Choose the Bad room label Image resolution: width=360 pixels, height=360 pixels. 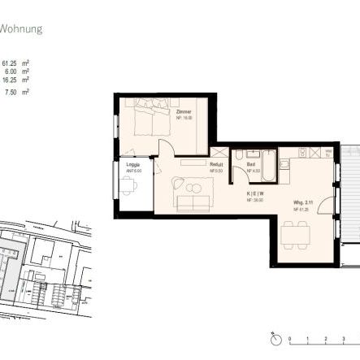pos(251,166)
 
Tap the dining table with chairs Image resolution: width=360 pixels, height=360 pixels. pos(295,236)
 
